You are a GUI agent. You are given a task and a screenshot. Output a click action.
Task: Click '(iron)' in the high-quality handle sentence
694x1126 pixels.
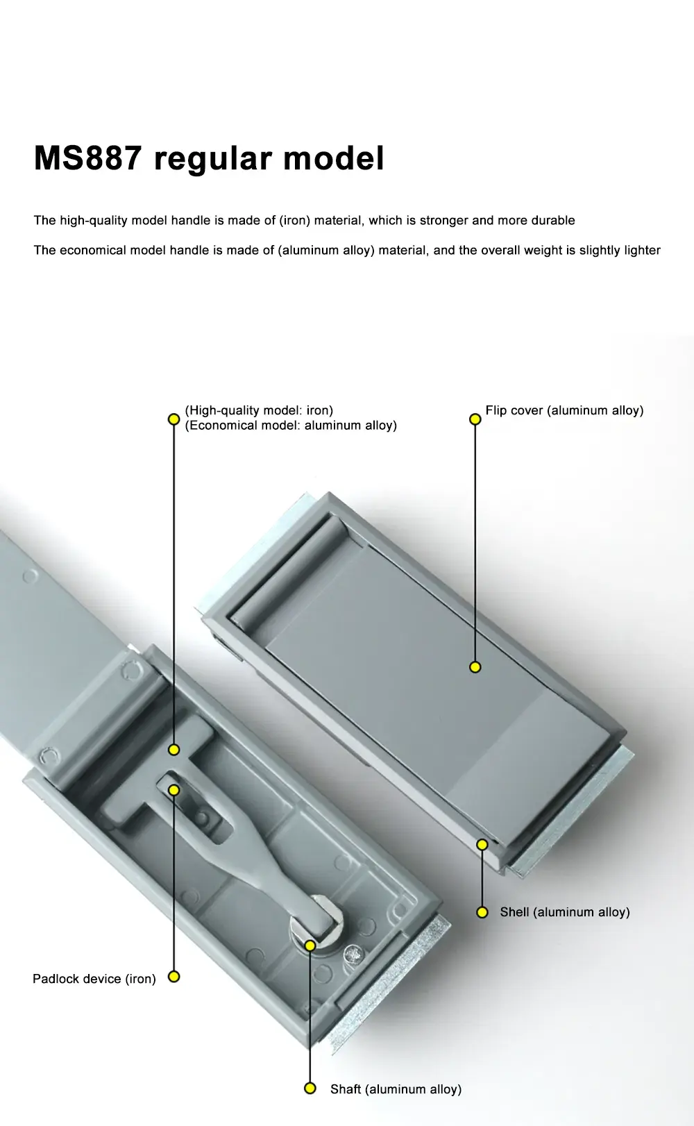click(x=294, y=221)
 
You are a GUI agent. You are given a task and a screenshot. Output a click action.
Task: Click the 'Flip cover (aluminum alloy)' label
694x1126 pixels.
click(x=564, y=411)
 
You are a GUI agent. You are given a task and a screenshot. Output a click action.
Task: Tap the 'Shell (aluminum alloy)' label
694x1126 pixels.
click(x=564, y=912)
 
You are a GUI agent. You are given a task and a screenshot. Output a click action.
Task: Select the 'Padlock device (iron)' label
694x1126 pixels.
click(x=94, y=979)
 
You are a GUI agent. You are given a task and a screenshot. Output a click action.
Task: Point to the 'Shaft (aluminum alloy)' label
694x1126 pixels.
click(x=396, y=1089)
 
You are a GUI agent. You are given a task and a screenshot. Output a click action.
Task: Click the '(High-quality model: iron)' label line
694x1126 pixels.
click(x=259, y=411)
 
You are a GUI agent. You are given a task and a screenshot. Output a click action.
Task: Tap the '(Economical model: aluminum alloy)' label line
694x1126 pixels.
click(x=291, y=426)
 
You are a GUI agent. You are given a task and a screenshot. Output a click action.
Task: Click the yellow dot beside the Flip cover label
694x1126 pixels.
click(x=475, y=419)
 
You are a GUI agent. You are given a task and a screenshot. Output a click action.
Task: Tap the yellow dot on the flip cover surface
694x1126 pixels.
click(x=475, y=667)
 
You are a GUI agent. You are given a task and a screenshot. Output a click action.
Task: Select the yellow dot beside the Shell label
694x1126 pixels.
click(x=482, y=912)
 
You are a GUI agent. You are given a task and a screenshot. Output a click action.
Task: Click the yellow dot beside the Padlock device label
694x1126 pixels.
click(x=174, y=977)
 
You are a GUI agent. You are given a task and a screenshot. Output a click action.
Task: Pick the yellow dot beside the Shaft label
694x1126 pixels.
click(x=310, y=1089)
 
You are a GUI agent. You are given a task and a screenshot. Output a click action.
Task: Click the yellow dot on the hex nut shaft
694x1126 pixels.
click(x=310, y=945)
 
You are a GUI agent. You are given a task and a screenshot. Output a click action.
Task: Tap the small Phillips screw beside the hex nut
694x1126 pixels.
click(x=353, y=955)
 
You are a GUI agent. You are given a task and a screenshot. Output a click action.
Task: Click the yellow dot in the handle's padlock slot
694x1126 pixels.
click(x=174, y=790)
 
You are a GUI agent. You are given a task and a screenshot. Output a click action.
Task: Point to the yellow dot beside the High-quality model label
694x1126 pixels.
click(x=174, y=419)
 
